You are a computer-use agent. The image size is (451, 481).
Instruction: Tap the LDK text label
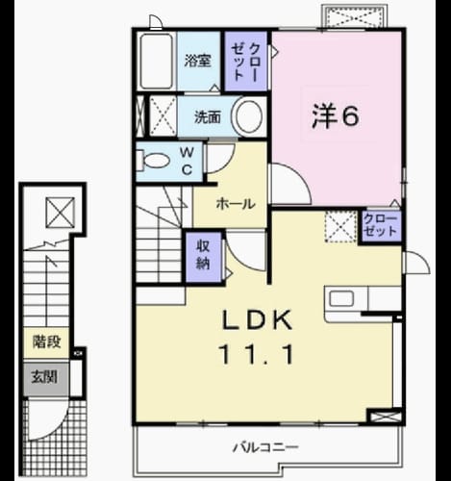(258, 320)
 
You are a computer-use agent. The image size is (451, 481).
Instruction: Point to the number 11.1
(256, 354)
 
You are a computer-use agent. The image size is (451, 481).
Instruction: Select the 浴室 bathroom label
(198, 61)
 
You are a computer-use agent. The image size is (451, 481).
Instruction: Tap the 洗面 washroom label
(208, 117)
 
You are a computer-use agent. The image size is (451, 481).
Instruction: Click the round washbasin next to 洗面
(249, 116)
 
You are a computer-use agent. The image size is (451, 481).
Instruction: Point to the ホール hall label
(236, 204)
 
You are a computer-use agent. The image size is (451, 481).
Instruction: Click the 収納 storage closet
(204, 258)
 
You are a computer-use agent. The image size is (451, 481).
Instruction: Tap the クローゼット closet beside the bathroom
(245, 61)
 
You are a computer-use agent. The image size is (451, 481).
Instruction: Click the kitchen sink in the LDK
(341, 299)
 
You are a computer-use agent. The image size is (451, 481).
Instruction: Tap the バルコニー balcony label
(265, 446)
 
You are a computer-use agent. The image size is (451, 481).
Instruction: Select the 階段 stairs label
(47, 342)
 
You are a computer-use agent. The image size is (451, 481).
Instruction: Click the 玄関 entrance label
(44, 377)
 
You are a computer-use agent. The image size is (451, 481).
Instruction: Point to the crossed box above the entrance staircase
(61, 213)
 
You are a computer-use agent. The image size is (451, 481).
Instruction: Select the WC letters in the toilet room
(187, 161)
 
